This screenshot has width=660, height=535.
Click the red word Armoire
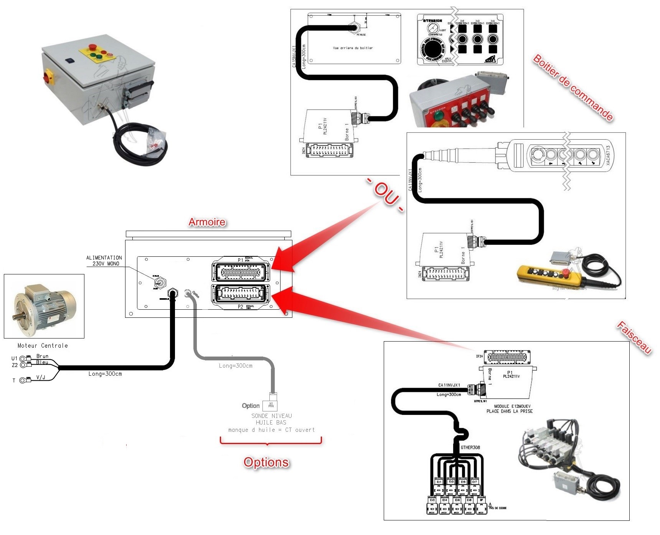[207, 222]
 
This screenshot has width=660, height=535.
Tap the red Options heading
[266, 462]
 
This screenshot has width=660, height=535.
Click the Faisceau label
[634, 337]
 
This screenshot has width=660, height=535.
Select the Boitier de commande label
[573, 88]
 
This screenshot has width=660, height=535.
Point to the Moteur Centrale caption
[43, 346]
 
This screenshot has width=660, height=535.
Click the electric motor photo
[44, 307]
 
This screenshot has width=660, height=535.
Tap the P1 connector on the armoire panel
[241, 272]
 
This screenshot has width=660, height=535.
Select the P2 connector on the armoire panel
[241, 294]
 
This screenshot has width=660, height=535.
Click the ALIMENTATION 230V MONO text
[104, 261]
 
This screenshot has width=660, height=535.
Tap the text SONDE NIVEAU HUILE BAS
[271, 419]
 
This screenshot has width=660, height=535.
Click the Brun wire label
[42, 356]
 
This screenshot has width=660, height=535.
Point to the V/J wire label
[41, 378]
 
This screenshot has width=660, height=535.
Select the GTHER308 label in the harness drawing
[470, 447]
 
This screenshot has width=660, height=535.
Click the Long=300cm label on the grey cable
[236, 366]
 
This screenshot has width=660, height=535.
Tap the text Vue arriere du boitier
[353, 48]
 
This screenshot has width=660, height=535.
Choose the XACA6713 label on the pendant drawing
[608, 155]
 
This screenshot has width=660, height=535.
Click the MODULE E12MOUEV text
[512, 406]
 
